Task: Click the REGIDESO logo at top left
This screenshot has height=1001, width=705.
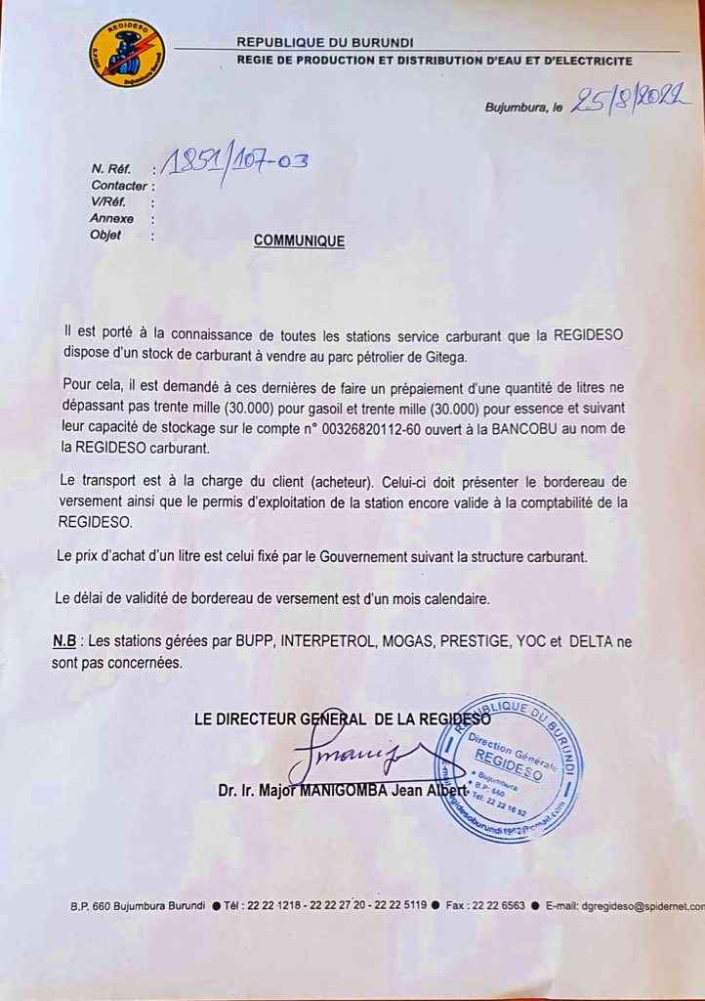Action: pos(127,53)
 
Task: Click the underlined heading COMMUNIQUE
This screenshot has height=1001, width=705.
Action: pos(299,240)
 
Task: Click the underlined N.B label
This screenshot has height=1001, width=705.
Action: pos(64,642)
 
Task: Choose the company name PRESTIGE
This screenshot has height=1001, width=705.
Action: pos(484,642)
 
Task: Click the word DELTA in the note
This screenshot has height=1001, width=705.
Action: pos(598,642)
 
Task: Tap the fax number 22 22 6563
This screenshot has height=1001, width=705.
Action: pos(502,906)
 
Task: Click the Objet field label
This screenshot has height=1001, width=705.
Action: pos(105,236)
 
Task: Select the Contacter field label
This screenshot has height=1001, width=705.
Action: pos(119,186)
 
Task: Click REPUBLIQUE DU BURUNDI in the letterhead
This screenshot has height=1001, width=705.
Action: pos(325,42)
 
